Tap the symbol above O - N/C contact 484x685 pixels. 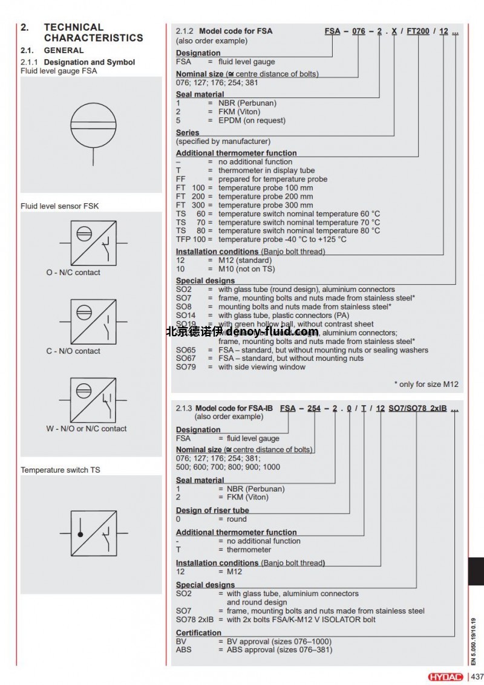tap(93, 242)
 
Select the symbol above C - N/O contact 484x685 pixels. tap(93, 321)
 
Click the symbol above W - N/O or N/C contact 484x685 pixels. tap(93, 400)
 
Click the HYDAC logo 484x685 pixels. tap(446, 677)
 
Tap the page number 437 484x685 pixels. tap(477, 677)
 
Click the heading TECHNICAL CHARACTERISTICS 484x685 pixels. tap(93, 33)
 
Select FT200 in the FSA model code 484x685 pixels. tap(419, 31)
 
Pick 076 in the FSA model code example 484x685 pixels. tap(359, 31)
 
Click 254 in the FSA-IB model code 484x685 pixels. tap(313, 408)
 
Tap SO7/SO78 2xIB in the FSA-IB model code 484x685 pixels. tap(417, 408)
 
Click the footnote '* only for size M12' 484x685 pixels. tap(426, 384)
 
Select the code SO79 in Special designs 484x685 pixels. tap(186, 367)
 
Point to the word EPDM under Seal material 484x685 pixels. tap(231, 120)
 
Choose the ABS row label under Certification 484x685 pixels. tap(183, 650)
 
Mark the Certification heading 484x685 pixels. tap(198, 633)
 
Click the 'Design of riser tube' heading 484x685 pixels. tap(212, 510)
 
